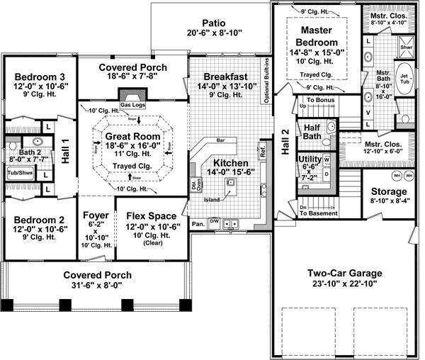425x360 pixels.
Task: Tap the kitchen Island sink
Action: [x=230, y=183]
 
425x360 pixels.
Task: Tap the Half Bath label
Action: [x=312, y=132]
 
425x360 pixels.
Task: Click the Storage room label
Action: [x=387, y=191]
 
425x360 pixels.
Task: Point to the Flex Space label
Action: [x=150, y=215]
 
